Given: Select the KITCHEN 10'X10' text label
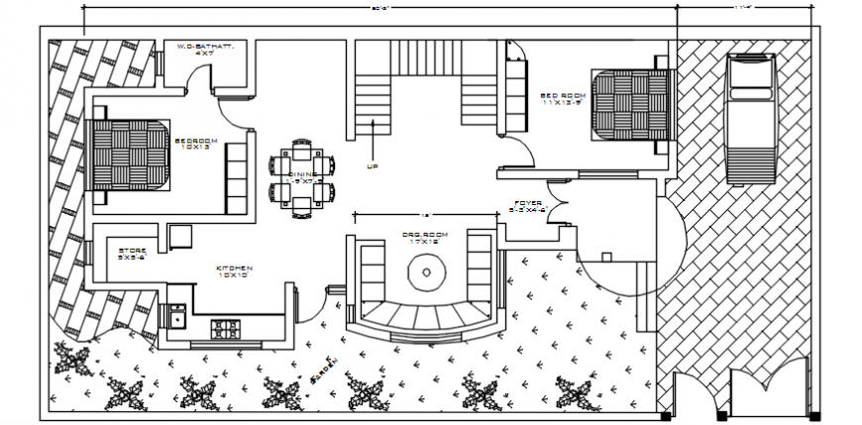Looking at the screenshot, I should click(235, 271).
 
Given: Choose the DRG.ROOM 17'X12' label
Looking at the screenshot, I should click(424, 237).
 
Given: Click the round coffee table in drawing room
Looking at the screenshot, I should click(426, 272).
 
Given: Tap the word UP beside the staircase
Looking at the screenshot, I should click(373, 166).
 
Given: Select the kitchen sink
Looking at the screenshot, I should click(177, 317).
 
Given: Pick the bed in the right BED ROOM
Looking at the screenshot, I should click(632, 103).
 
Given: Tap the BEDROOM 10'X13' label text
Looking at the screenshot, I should click(194, 145).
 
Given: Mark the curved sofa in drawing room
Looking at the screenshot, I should click(424, 321).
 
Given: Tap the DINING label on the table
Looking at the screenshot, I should click(300, 177).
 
